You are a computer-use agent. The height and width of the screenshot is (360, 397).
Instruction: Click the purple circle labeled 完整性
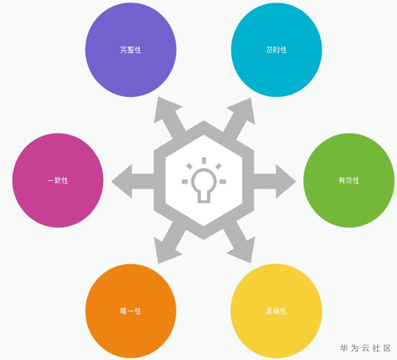(131, 50)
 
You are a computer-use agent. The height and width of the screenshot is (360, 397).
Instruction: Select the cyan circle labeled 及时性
(276, 50)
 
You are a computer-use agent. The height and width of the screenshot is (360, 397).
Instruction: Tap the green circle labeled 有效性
(349, 180)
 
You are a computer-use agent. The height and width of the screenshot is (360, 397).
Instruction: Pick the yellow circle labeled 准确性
(276, 311)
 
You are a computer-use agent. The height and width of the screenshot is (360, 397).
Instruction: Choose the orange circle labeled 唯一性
(131, 311)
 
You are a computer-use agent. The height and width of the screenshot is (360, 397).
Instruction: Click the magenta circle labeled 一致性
(58, 180)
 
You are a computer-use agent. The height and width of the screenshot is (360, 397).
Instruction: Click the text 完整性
(131, 50)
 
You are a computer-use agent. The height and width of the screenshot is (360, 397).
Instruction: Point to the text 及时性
(276, 50)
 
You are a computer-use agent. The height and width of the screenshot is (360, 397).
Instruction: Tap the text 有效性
(349, 180)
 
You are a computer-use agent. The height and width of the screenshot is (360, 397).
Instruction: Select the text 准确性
(276, 311)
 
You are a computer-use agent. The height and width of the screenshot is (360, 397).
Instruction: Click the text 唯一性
(131, 311)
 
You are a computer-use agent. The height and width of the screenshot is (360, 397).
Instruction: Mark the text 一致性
(58, 180)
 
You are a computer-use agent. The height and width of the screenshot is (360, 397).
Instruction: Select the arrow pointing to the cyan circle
(239, 118)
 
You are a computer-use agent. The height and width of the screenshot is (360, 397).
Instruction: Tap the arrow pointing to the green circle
(275, 181)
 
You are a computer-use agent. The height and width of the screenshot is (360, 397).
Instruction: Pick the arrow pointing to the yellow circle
(239, 243)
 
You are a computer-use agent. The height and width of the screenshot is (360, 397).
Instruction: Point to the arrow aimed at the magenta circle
(132, 181)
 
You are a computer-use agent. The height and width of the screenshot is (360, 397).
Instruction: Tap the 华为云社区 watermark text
(365, 348)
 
